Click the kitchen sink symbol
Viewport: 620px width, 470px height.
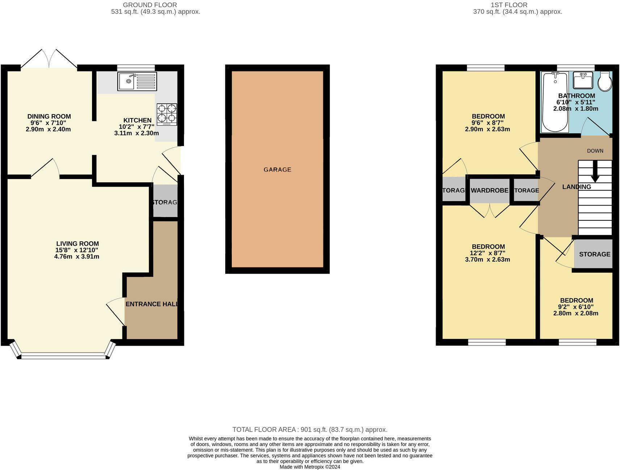137,81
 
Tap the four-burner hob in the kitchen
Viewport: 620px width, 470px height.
167,115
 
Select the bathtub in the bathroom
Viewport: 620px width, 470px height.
554,102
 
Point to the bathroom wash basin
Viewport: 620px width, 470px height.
583,80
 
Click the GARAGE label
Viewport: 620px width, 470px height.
277,170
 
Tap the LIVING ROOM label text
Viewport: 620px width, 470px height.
77,244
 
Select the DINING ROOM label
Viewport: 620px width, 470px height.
49,116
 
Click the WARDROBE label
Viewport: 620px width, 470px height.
490,190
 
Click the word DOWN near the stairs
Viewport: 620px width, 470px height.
595,151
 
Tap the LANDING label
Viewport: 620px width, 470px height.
577,187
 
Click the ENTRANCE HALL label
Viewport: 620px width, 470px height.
151,304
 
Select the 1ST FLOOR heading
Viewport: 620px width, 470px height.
509,5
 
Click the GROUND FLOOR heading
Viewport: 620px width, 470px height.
150,5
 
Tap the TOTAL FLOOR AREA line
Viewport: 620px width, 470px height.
310,429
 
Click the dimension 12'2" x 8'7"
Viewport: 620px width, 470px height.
488,253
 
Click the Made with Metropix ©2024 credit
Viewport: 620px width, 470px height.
310,467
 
